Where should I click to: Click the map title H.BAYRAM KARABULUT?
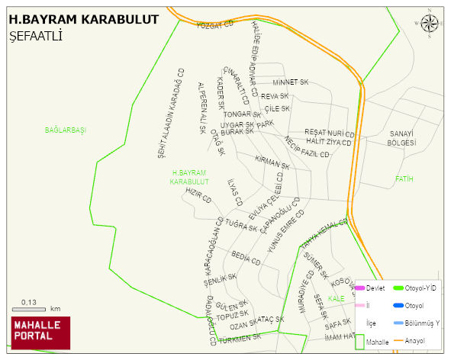(84, 18)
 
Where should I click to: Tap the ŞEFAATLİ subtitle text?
(36, 36)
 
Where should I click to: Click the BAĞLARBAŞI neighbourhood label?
(66, 130)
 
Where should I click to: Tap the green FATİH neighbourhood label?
(404, 179)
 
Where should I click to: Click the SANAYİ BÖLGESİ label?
(401, 138)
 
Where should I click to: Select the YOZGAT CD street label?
(214, 26)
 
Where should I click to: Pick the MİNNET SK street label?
(290, 82)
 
